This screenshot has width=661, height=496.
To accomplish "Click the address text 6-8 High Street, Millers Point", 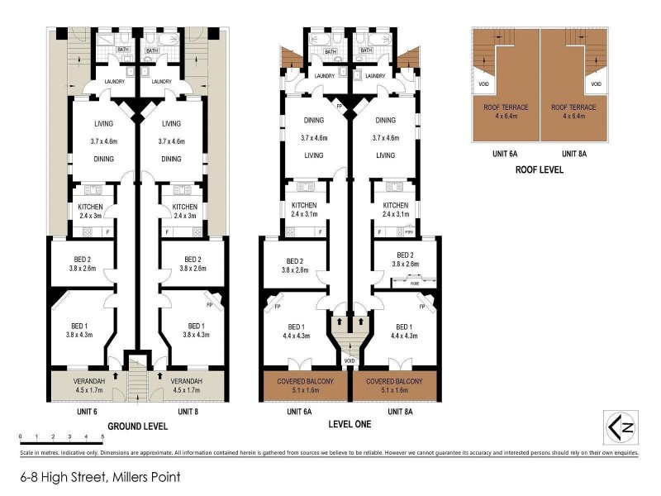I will point(100,477).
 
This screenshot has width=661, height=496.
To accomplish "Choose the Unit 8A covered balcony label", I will point(394,381).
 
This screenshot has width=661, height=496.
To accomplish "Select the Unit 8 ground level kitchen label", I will point(184,207).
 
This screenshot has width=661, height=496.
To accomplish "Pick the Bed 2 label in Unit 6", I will point(81,258).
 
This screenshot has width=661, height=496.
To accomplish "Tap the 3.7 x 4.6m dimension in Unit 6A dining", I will point(314,138).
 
